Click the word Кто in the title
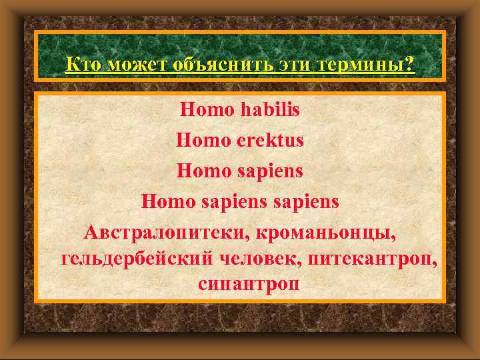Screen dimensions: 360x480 coord(82,65)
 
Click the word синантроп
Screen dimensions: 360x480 coord(248,284)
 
